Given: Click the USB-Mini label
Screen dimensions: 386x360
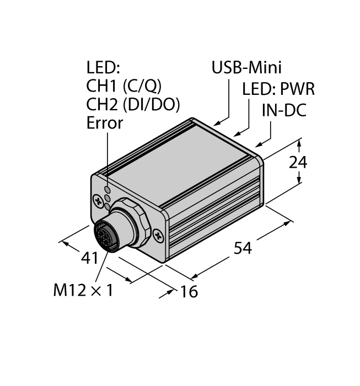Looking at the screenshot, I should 246,68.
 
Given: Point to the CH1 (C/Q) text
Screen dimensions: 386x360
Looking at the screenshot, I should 124,85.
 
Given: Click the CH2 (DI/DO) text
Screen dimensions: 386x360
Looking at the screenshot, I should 133,104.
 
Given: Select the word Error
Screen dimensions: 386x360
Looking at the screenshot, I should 105,123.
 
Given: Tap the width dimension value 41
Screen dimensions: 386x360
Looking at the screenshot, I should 89,258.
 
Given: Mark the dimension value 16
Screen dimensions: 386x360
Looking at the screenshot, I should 189,291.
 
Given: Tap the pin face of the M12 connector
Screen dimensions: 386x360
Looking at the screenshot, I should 104,236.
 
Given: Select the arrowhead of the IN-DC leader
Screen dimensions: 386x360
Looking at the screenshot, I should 259,144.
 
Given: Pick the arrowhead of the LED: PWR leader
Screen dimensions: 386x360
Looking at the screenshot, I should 237,134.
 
